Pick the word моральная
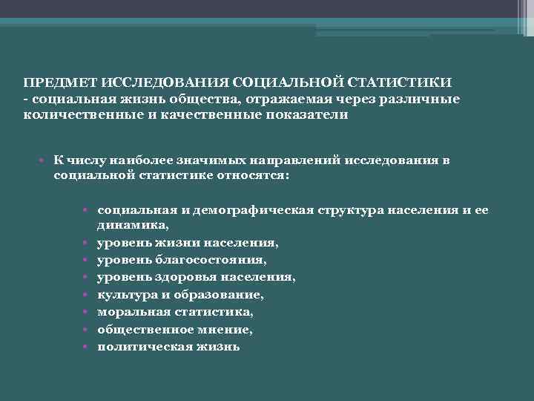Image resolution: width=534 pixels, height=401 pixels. point(128,312)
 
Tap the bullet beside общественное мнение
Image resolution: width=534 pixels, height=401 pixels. point(87,329)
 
